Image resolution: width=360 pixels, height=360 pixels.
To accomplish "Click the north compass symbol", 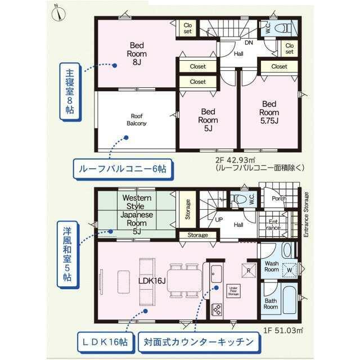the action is [x=58, y=13].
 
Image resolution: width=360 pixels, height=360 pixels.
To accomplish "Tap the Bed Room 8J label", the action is [x=137, y=54].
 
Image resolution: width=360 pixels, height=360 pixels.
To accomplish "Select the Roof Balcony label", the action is [x=137, y=120].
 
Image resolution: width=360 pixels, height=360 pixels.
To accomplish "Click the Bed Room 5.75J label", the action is [x=269, y=112].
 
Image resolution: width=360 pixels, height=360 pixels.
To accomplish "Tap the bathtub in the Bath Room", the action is [x=290, y=299].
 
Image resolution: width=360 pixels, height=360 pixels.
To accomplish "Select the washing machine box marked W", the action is [x=289, y=270].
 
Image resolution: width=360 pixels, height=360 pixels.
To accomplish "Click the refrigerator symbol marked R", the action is [x=249, y=271].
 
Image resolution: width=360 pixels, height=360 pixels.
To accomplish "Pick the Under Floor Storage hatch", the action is [x=233, y=291].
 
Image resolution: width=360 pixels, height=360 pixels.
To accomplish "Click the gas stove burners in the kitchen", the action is [x=217, y=310].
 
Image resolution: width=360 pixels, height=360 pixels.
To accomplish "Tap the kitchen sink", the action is [x=216, y=274].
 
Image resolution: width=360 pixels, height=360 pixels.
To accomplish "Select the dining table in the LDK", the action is [x=184, y=281].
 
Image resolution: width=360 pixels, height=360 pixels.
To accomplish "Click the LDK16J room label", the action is [x=152, y=281].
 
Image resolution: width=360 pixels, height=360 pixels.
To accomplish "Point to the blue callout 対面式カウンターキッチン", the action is [x=199, y=343].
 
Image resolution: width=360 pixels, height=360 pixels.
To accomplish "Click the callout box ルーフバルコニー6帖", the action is [x=123, y=169].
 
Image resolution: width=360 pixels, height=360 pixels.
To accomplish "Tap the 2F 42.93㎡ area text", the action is [x=235, y=160].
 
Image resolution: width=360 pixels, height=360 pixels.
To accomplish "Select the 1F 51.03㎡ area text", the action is [x=283, y=330].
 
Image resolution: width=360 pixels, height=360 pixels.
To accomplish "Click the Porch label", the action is [x=279, y=199].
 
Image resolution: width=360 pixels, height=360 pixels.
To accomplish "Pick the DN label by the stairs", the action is [x=249, y=43].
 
